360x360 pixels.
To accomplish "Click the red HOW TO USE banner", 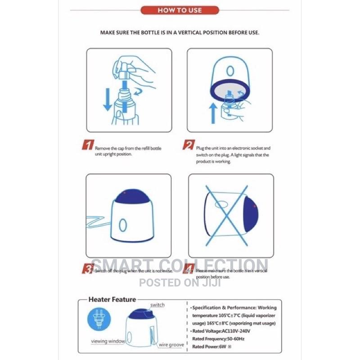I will click(180, 10).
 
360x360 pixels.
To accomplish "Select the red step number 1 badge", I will click(88, 145).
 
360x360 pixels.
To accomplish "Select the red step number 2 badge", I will click(188, 145).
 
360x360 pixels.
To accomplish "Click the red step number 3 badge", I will click(87, 269).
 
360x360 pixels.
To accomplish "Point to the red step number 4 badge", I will click(188, 269).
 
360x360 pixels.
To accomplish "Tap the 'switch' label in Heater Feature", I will click(157, 305).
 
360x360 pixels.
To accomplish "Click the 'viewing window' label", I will click(108, 341).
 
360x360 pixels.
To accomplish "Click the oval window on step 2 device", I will click(230, 71).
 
